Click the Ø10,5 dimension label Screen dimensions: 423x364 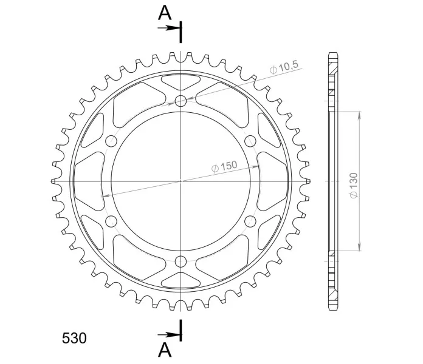pyautogui.click(x=284, y=67)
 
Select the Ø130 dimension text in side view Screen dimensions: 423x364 pyautogui.click(x=354, y=186)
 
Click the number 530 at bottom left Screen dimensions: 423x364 pyautogui.click(x=74, y=338)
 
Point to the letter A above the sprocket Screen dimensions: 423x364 pyautogui.click(x=165, y=13)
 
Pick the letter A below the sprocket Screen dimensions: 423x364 pyautogui.click(x=165, y=350)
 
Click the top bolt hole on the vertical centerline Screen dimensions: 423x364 pyautogui.click(x=181, y=101)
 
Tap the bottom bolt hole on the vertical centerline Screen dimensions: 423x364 pyautogui.click(x=181, y=261)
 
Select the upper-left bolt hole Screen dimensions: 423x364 pyautogui.click(x=111, y=141)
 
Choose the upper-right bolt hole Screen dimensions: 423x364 pyautogui.click(x=250, y=141)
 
